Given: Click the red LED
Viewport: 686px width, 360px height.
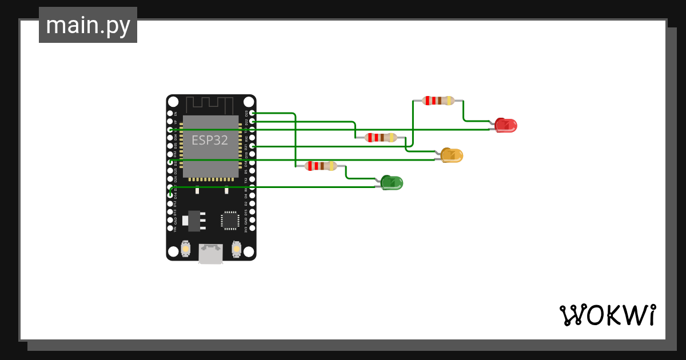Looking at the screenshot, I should (506, 125).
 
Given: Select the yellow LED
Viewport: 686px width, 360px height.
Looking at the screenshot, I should (452, 155).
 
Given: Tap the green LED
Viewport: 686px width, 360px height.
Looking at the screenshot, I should (392, 183).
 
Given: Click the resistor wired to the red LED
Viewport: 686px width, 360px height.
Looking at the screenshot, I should (438, 101).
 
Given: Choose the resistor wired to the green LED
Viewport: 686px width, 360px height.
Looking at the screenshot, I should (321, 166).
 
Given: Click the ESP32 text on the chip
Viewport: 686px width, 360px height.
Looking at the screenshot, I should (210, 140).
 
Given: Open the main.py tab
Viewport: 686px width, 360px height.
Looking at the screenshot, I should (88, 25).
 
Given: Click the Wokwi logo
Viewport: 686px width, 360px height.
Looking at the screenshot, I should (607, 315).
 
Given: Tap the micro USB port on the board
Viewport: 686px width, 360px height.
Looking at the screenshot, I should (211, 253).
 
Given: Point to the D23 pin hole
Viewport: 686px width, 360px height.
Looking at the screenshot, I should (252, 113).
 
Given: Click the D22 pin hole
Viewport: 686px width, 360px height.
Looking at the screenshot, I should (252, 122).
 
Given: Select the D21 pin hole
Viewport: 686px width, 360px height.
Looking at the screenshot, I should (252, 146).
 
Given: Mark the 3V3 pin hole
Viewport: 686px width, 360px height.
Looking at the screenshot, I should (252, 228).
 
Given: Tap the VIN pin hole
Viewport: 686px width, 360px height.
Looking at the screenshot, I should (170, 228).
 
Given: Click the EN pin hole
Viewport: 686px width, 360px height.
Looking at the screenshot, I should (170, 113).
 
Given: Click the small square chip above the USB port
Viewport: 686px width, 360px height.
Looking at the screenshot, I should (230, 220).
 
